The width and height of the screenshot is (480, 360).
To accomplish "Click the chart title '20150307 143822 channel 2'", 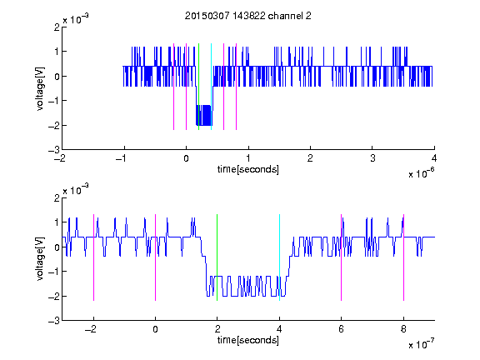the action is (x=248, y=16).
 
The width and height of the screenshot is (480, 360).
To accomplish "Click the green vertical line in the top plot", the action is (x=198, y=87).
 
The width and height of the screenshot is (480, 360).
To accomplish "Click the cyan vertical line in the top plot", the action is (x=211, y=87).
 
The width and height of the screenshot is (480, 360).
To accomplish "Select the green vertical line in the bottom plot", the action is (x=217, y=257).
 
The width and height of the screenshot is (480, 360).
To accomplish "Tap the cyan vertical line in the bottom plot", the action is (x=279, y=257).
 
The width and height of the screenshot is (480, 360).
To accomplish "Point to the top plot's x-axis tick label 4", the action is (x=434, y=158).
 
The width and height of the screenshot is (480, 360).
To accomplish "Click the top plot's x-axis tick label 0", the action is (x=186, y=158).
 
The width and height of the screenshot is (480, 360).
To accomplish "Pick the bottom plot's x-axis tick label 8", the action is (x=403, y=329).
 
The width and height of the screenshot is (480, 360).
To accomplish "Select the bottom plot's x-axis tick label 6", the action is (x=342, y=329).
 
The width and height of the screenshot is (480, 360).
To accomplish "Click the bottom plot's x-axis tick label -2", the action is (x=91, y=329).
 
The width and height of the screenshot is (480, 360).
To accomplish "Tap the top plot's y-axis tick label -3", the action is (x=54, y=150).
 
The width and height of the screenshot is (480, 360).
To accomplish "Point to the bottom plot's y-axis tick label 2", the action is (x=57, y=197).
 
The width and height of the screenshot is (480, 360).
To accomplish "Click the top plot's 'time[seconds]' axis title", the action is (x=248, y=169).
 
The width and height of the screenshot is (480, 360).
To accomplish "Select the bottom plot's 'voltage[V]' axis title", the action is (x=40, y=258).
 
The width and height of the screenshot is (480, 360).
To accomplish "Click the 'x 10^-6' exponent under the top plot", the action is (x=421, y=173).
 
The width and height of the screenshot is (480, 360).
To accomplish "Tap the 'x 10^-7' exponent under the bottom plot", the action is (x=421, y=344).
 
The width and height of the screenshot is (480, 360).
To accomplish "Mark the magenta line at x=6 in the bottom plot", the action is (x=342, y=257).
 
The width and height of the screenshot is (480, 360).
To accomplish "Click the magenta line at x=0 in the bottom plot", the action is (x=155, y=257).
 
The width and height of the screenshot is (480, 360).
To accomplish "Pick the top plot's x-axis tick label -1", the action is (x=122, y=158).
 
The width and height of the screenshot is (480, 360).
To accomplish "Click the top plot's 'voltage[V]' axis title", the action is (x=40, y=88).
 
